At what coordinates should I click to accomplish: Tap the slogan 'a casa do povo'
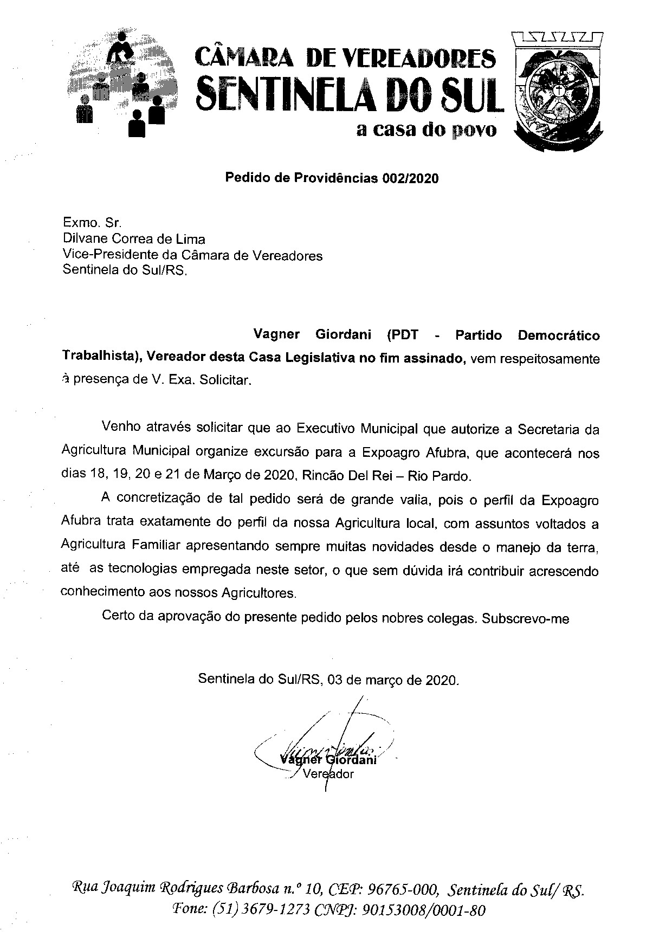click(426, 131)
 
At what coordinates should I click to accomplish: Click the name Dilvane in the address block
click(84, 238)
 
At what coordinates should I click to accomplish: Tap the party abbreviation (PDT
click(402, 334)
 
